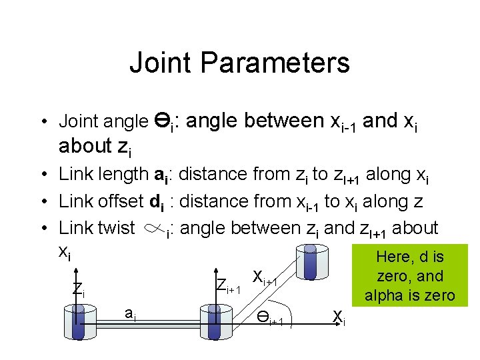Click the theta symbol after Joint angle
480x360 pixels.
click(163, 121)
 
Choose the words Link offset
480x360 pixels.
click(101, 201)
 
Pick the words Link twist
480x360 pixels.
click(97, 228)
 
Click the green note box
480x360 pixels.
click(410, 275)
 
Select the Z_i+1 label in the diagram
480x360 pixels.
click(229, 285)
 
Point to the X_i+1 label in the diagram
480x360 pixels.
click(265, 278)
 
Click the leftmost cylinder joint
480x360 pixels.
click(79, 323)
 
